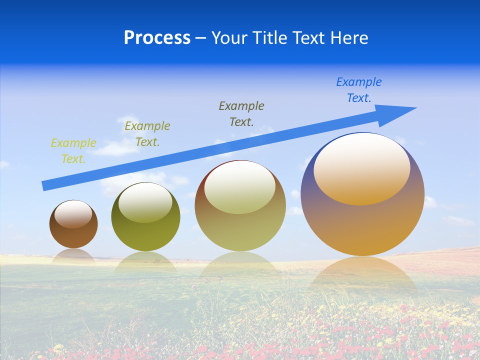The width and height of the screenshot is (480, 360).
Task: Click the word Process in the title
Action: [x=157, y=38]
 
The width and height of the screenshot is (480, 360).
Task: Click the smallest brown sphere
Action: [x=73, y=235]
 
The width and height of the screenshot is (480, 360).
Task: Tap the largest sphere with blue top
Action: [x=362, y=225]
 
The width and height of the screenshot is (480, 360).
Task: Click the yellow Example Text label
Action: [x=73, y=151]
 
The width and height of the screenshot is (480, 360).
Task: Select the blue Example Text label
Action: [x=359, y=90]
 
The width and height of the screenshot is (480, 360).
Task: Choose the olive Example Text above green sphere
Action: [x=147, y=134]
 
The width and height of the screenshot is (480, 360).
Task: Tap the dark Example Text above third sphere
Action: [x=241, y=114]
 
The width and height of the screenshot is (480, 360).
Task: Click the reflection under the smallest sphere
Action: [x=73, y=255]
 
